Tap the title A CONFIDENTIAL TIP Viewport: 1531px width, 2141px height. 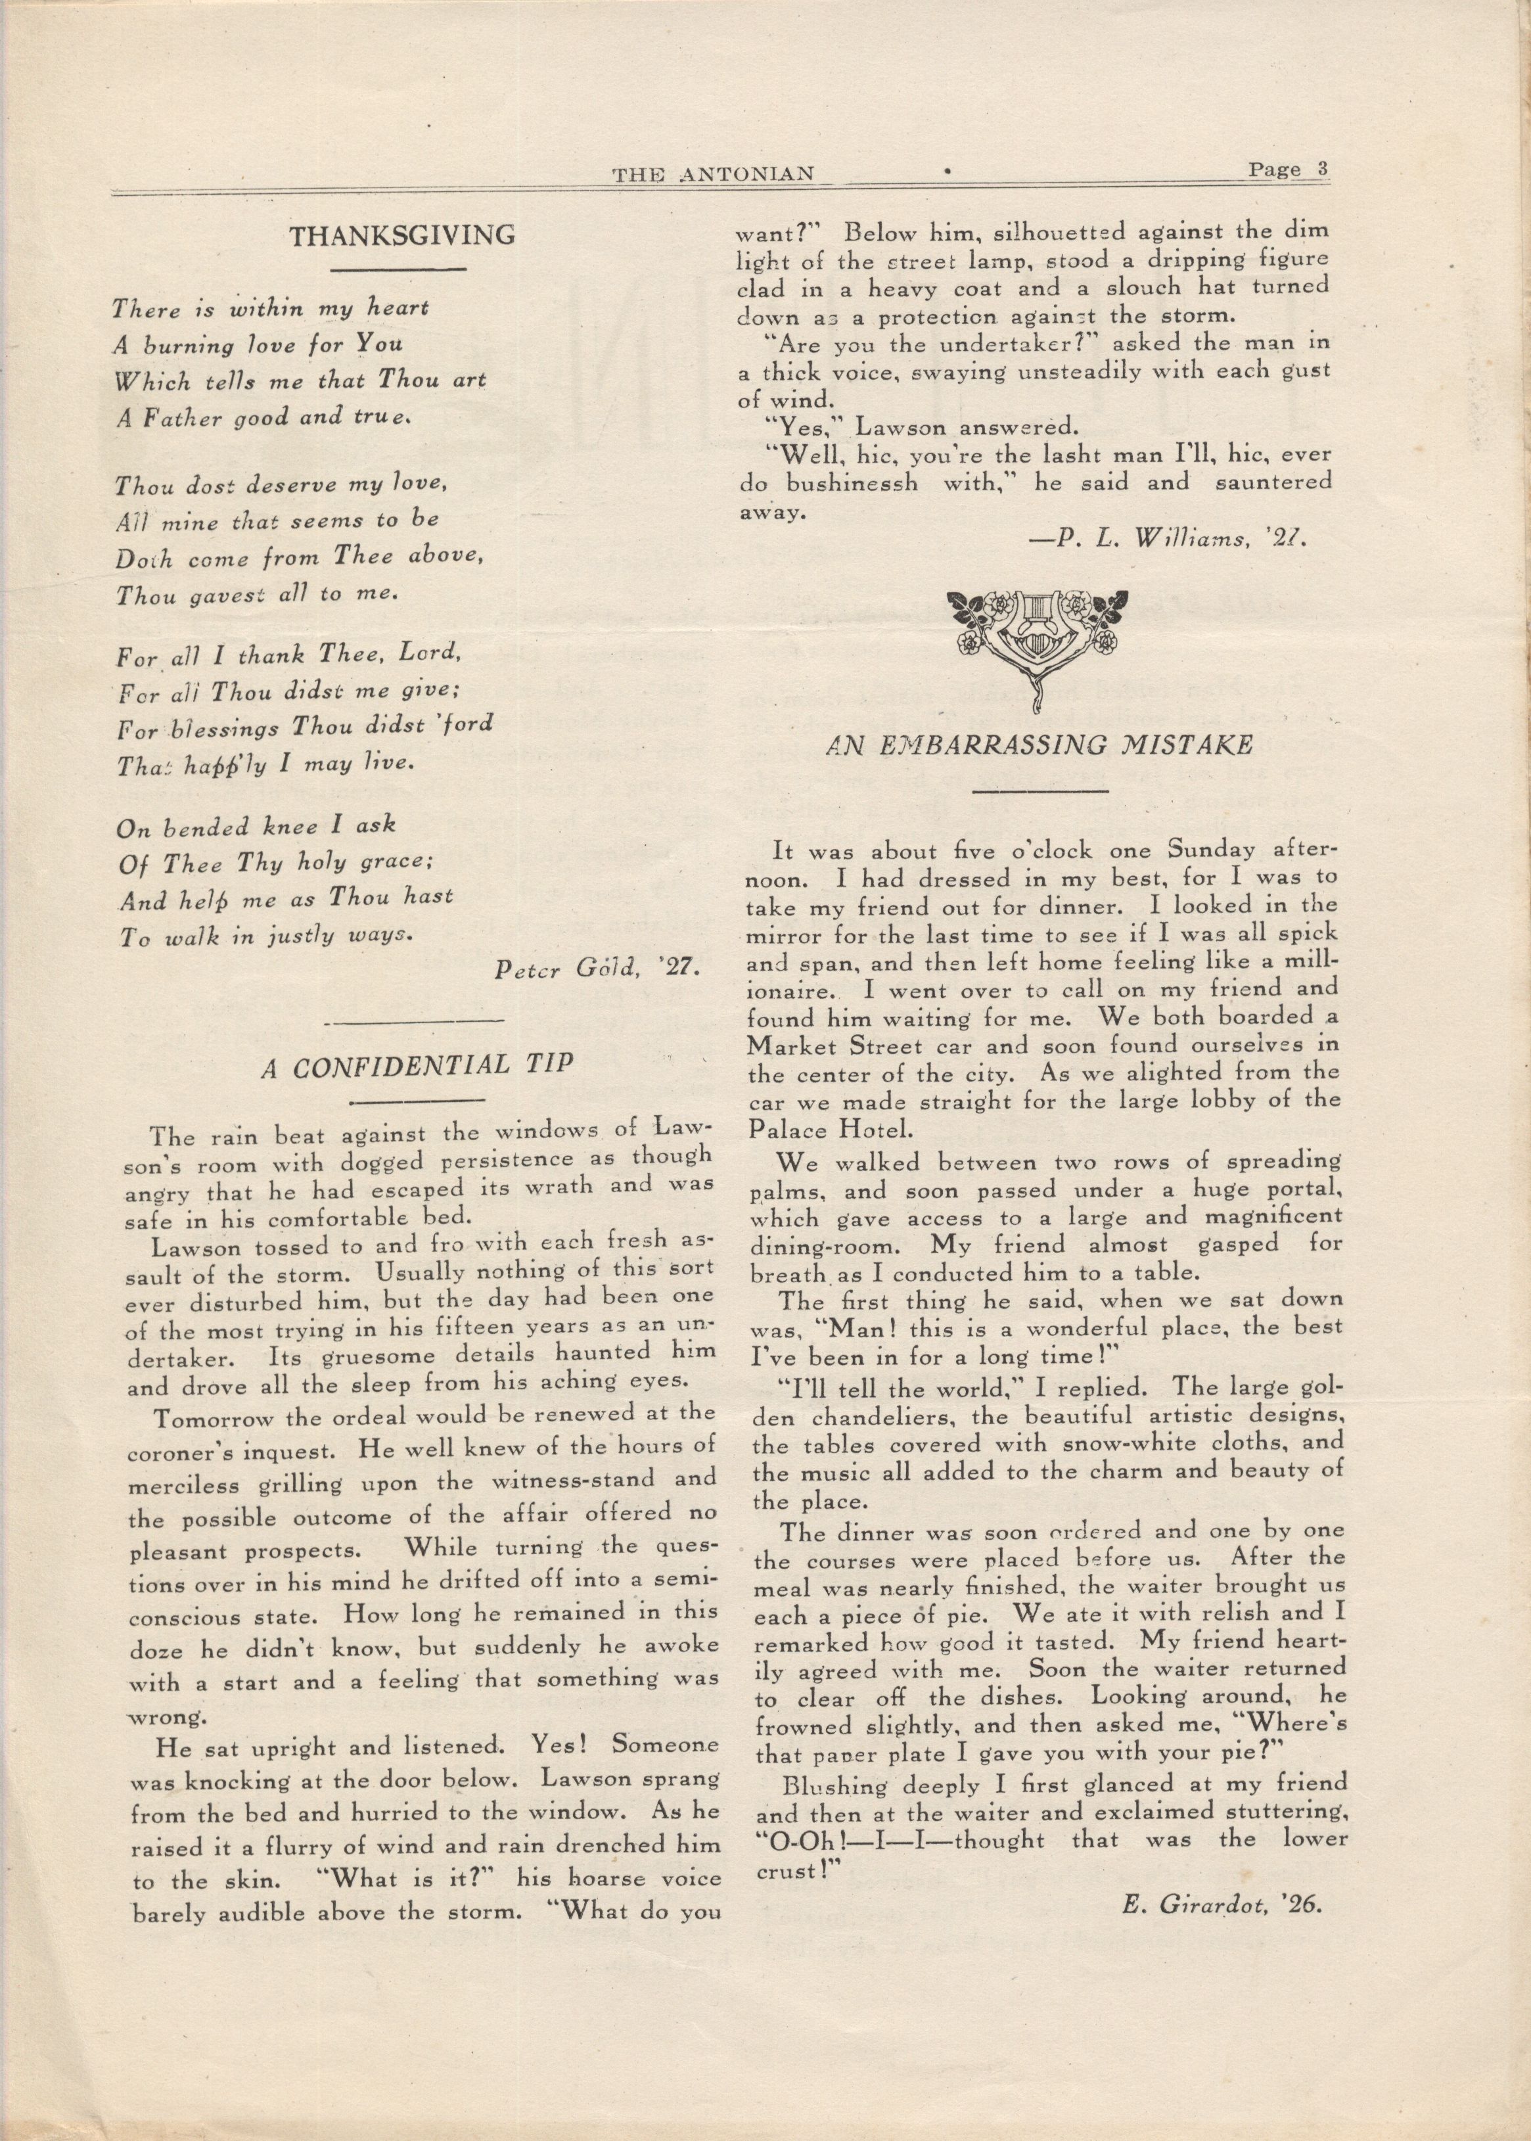pyautogui.click(x=416, y=1065)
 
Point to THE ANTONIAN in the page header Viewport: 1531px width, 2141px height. pyautogui.click(x=713, y=173)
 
